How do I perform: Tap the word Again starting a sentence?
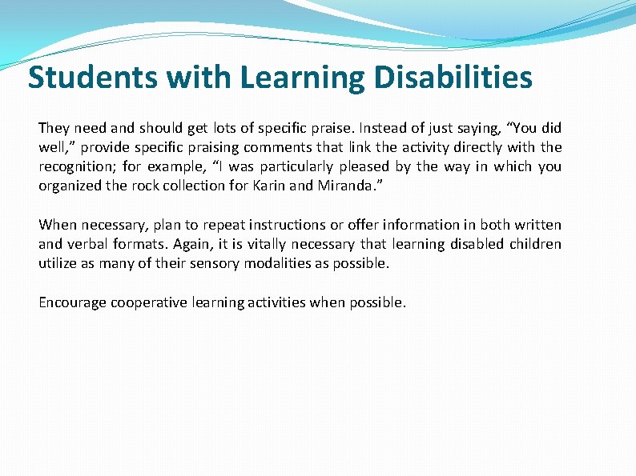[173, 244]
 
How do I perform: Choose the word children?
[534, 244]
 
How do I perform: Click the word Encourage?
[73, 303]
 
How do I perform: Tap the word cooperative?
[151, 303]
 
